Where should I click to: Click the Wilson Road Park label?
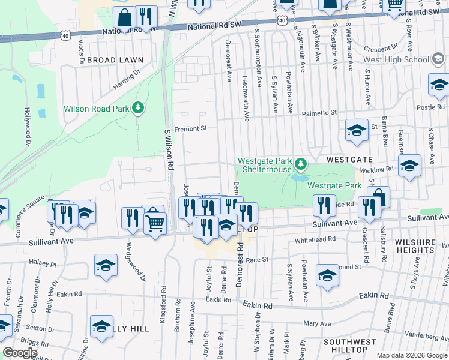click(97, 109)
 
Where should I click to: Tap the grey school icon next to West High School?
click(439, 59)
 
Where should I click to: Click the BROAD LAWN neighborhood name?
click(115, 60)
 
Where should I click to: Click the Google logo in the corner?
click(19, 353)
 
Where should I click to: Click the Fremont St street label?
click(190, 128)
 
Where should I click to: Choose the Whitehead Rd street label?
click(315, 240)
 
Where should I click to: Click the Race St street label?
click(256, 260)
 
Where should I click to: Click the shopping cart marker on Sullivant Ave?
click(155, 224)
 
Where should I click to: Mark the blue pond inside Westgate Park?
click(300, 178)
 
